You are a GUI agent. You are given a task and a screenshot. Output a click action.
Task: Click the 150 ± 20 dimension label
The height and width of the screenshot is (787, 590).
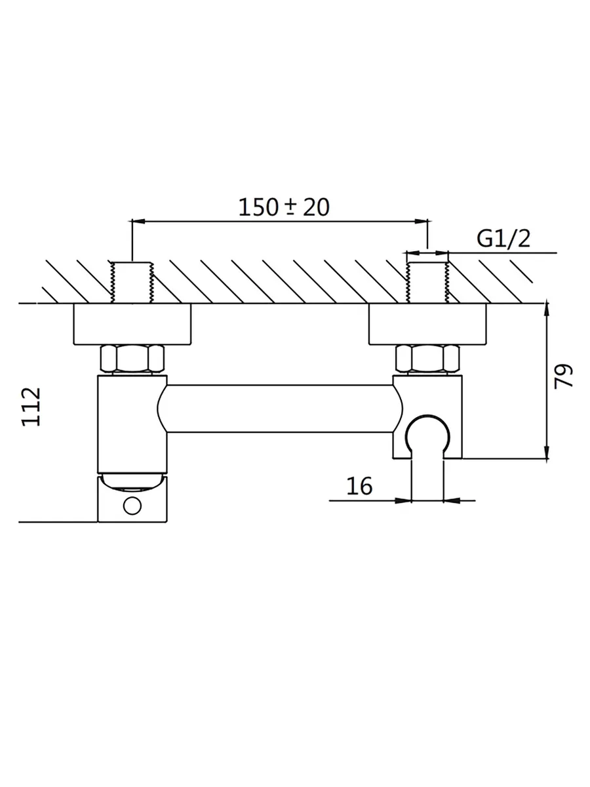click(284, 207)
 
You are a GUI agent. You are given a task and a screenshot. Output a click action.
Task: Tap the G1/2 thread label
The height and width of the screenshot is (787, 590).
click(503, 239)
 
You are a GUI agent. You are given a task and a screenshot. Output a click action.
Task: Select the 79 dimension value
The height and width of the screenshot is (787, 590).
click(564, 375)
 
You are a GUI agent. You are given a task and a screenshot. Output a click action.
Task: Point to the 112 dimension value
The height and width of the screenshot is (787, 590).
click(31, 407)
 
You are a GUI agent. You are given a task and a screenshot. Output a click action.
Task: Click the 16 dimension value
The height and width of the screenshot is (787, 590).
click(359, 486)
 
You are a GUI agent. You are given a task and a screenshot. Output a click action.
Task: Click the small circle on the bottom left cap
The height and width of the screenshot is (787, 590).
click(132, 506)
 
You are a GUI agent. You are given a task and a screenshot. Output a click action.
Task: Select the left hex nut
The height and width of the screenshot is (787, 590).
click(132, 359)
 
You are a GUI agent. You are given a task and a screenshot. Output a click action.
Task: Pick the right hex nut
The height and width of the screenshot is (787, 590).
click(427, 359)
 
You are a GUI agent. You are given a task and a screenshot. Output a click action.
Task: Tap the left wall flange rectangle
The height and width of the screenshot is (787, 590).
click(132, 324)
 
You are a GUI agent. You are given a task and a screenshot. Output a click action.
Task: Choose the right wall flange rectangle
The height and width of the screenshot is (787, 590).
click(427, 324)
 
